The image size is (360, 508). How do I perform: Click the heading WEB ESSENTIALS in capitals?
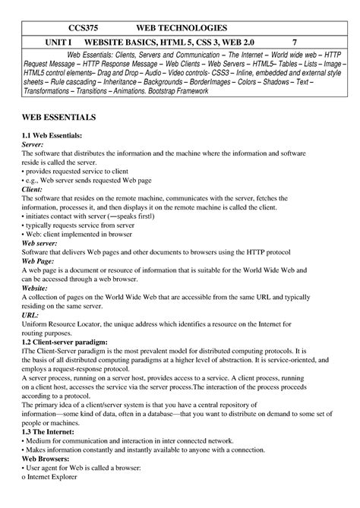coord(58,118)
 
